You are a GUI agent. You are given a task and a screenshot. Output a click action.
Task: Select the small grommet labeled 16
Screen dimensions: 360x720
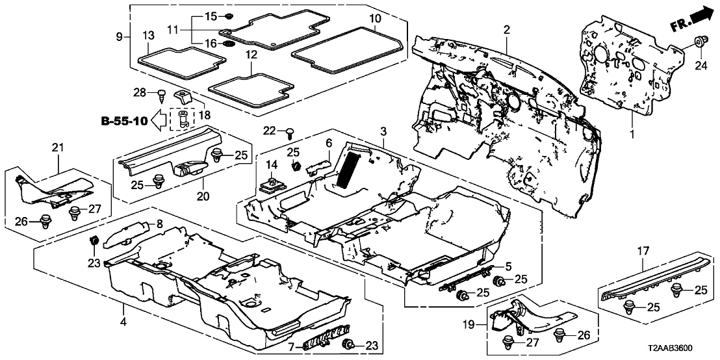229,44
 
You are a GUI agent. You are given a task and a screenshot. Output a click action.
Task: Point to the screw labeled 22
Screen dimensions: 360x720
289,135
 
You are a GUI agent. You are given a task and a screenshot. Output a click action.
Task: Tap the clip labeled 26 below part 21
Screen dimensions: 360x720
47,220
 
